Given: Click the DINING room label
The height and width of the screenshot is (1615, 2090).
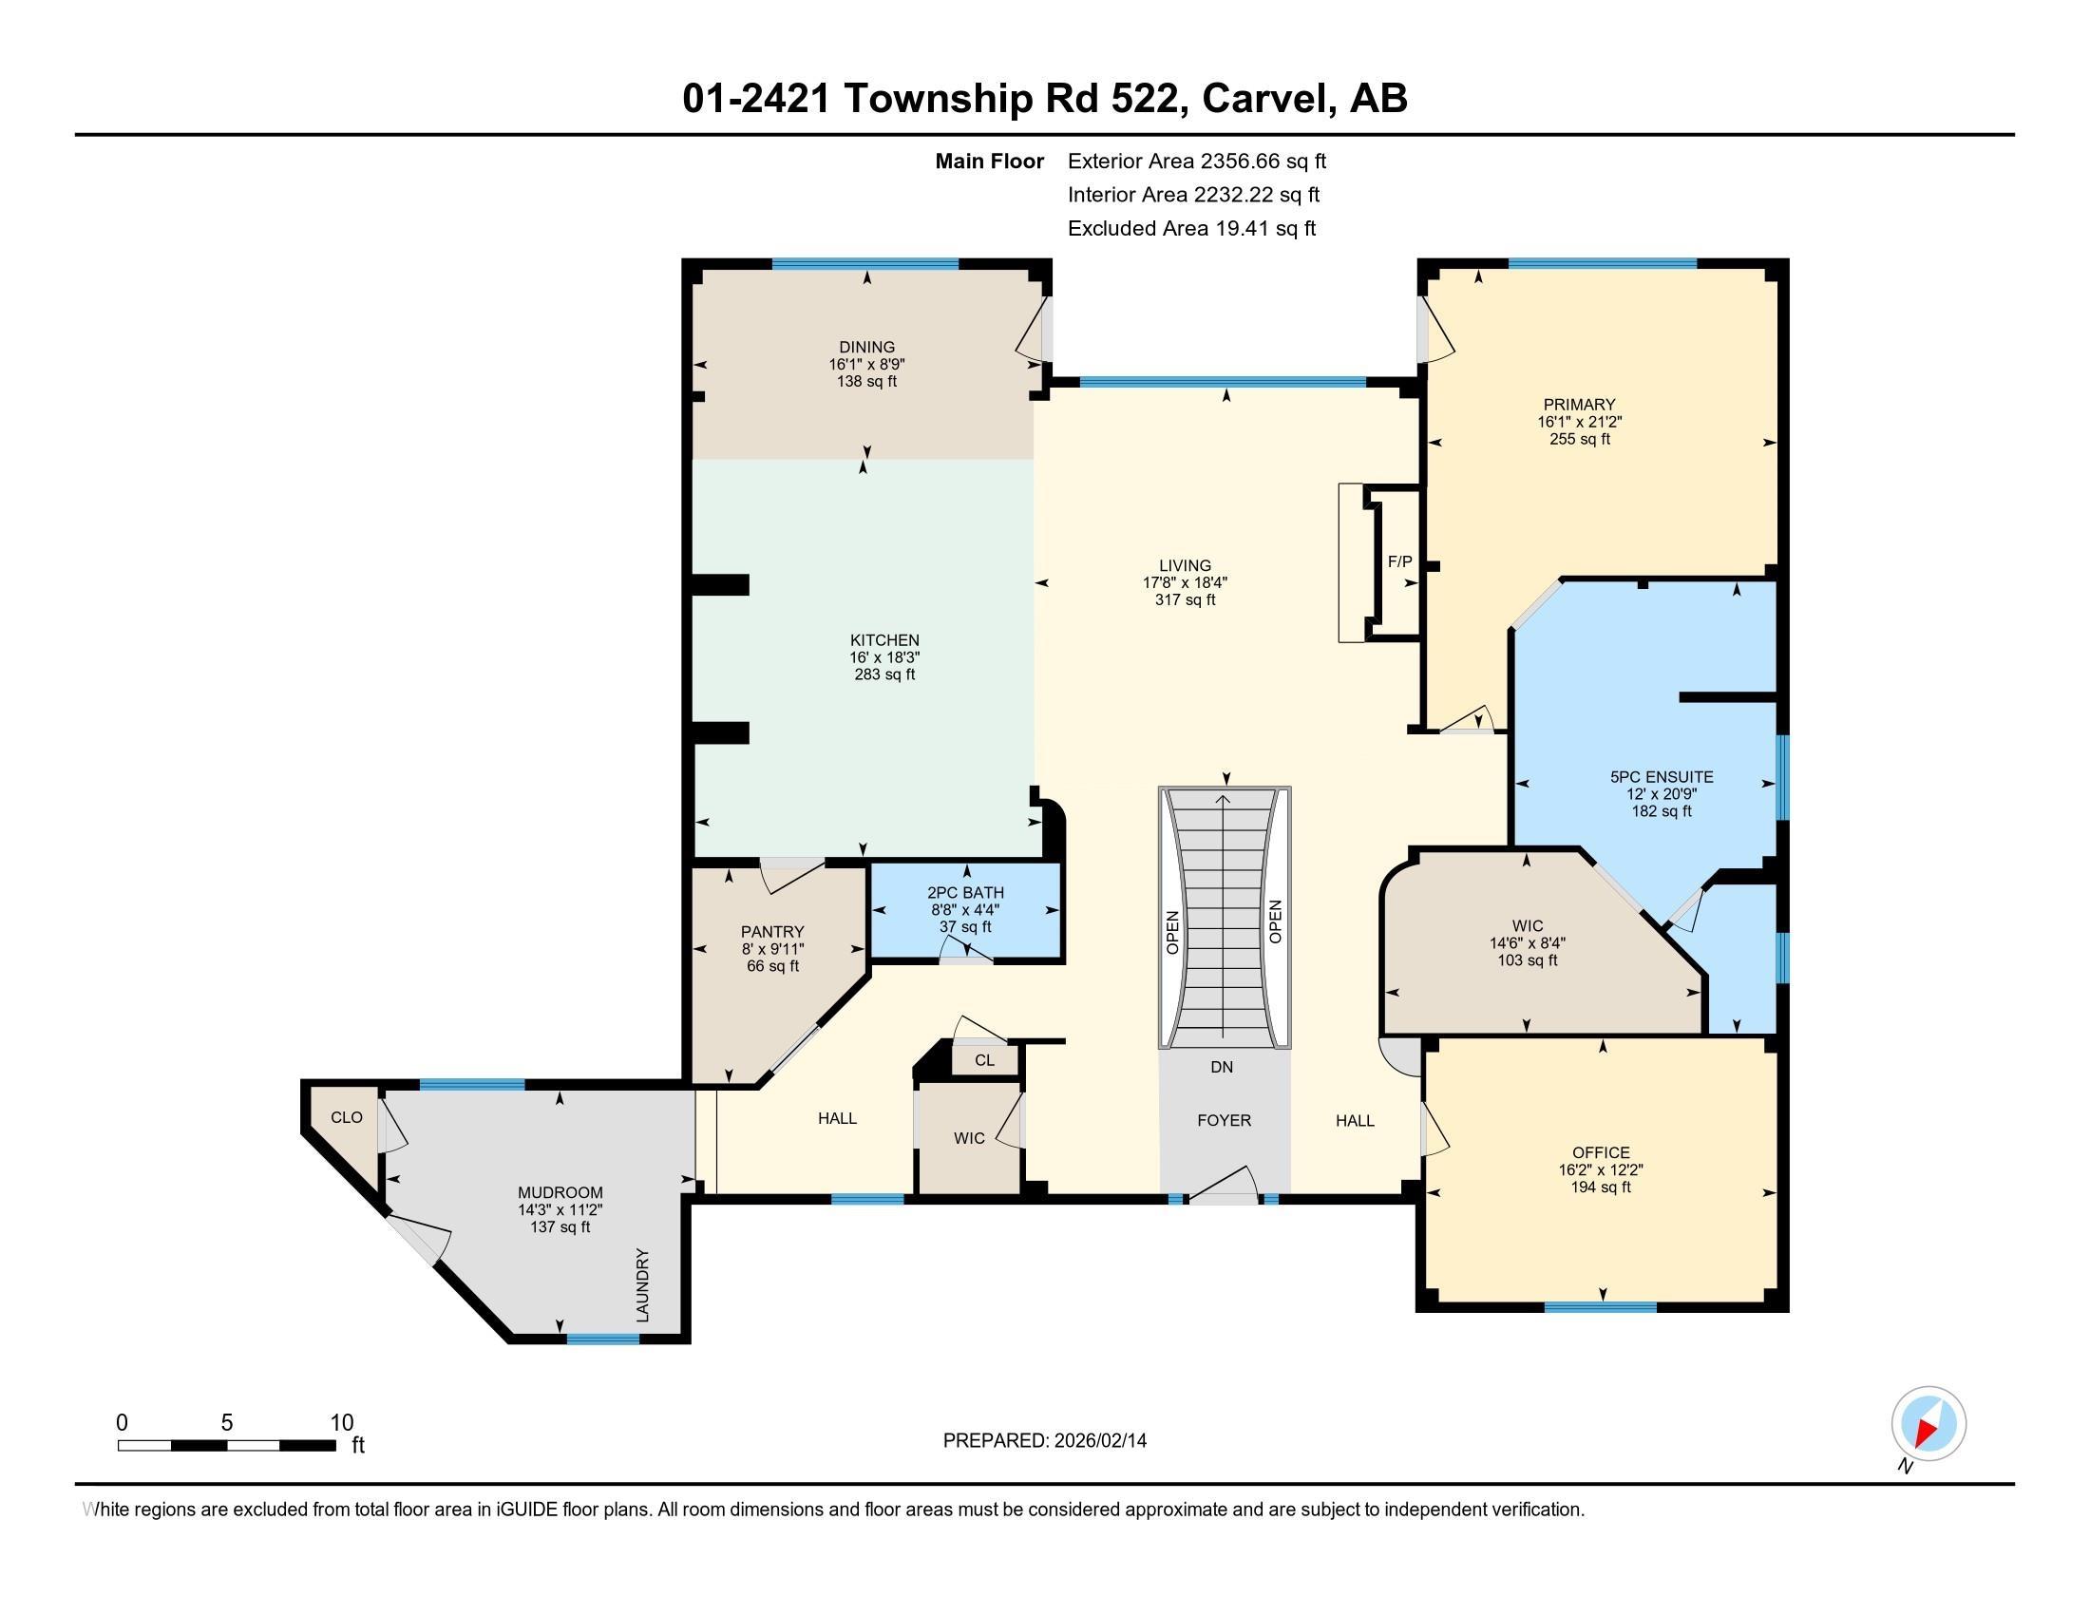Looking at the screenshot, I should (866, 348).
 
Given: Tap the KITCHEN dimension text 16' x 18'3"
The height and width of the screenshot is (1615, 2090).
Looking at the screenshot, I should (884, 657).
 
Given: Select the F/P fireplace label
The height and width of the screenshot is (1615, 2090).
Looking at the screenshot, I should (1399, 561).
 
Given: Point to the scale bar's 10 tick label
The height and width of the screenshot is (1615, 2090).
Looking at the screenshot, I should (342, 1422).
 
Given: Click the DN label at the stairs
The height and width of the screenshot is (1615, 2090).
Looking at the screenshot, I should (1221, 1067).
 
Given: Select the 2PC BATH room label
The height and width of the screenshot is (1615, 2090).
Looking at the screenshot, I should (964, 893).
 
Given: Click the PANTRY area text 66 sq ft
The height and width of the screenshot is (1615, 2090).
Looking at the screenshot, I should (772, 966).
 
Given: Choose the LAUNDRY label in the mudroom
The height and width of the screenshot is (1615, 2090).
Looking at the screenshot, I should (642, 1285).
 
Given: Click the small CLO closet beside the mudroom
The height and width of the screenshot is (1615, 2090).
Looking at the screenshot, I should (347, 1117).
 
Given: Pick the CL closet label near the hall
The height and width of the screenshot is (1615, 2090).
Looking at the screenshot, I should (984, 1060).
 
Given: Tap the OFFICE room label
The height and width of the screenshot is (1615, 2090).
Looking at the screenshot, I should (1600, 1152).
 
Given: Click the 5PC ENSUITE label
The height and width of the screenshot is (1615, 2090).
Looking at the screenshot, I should (1662, 777).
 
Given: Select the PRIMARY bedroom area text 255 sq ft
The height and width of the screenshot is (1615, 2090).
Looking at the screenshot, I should (1579, 439).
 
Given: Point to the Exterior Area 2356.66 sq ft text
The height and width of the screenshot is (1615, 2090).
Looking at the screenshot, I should (1196, 161).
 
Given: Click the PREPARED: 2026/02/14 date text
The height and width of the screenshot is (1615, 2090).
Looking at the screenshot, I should (1044, 1440).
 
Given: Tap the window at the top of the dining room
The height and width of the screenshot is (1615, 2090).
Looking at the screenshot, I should (865, 265).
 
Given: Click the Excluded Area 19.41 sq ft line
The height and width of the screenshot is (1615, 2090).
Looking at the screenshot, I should (1191, 228).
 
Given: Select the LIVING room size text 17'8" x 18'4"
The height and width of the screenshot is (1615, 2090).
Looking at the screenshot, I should (1185, 581).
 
